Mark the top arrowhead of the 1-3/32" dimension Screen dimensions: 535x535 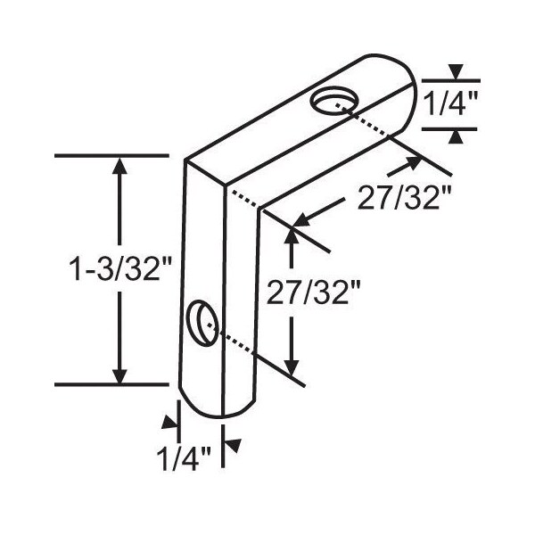click(x=121, y=167)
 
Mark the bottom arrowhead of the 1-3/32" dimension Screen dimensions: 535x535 click(x=121, y=374)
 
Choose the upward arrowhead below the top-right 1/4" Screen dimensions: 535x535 click(x=456, y=136)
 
